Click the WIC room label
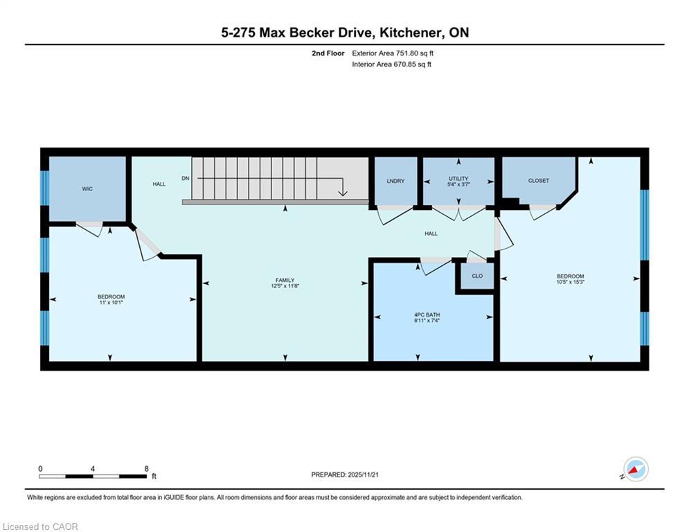tap(87, 189)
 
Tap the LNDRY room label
tap(395, 181)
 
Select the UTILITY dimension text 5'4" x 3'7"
tap(458, 184)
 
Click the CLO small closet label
tap(477, 276)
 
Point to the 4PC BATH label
tap(427, 314)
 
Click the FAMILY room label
tap(285, 280)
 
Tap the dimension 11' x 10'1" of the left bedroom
tap(111, 303)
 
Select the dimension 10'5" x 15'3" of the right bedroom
tap(571, 282)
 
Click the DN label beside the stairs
tap(186, 179)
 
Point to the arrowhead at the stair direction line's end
tap(343, 193)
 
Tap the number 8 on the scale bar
tap(146, 469)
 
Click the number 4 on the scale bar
tap(92, 469)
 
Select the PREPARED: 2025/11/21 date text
tap(345, 475)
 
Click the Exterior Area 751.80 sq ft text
tap(393, 53)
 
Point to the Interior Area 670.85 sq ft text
tap(391, 64)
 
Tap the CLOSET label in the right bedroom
tap(539, 181)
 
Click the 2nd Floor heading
tap(328, 53)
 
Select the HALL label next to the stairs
tap(159, 184)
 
